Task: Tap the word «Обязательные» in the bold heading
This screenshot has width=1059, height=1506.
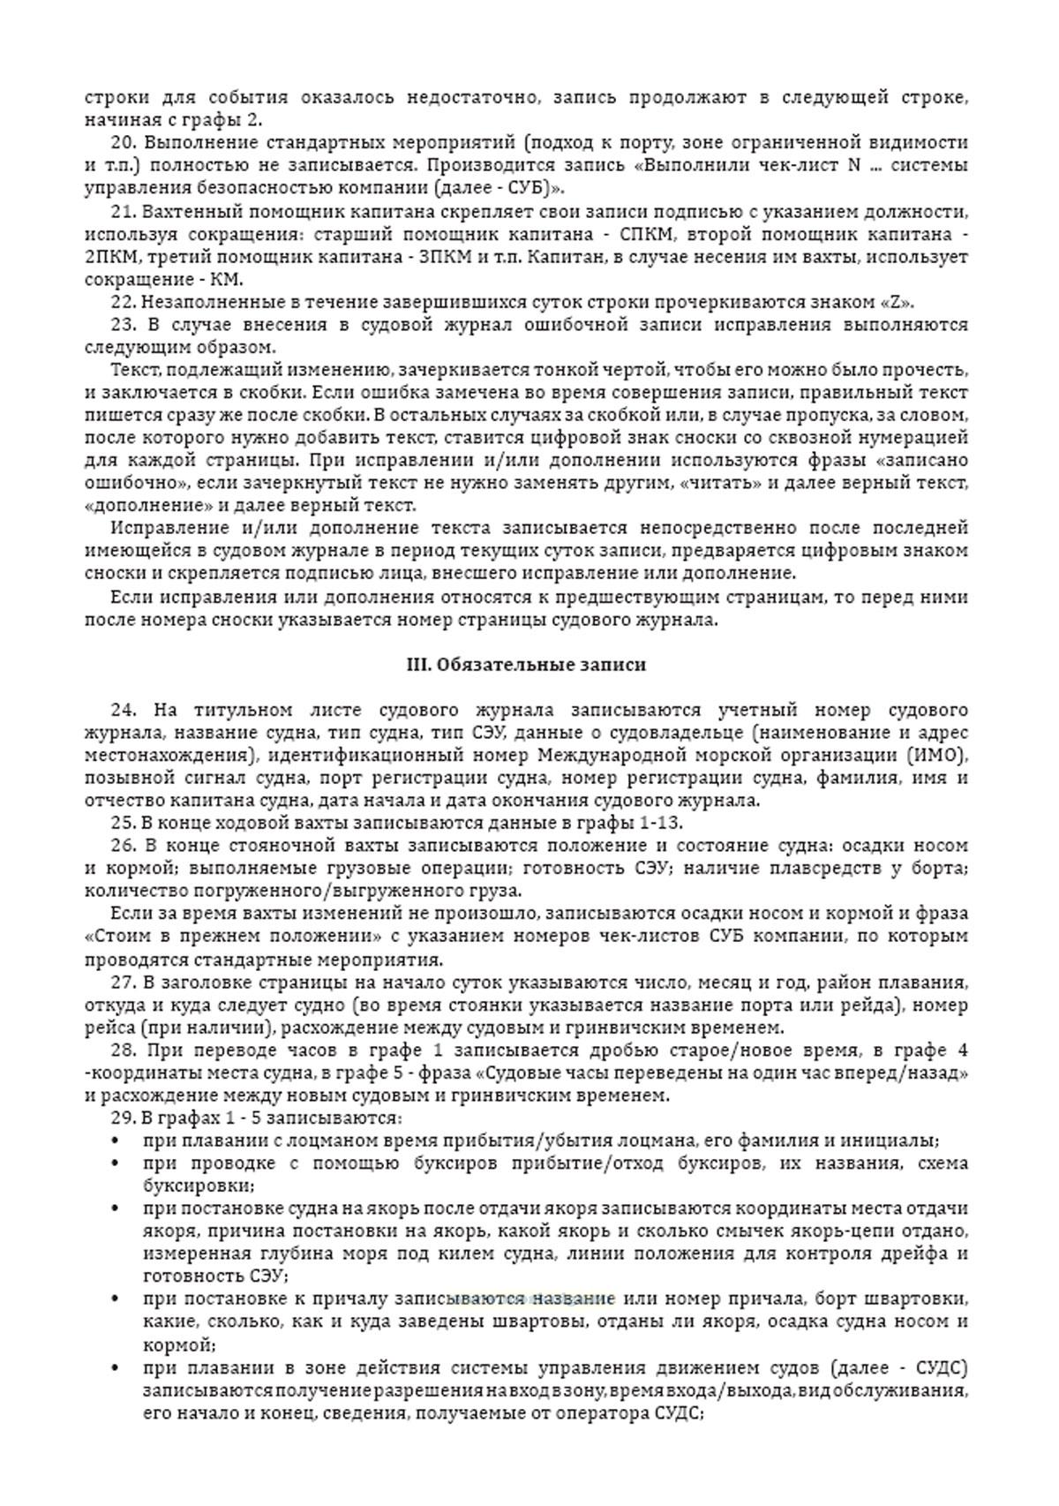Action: (x=495, y=665)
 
